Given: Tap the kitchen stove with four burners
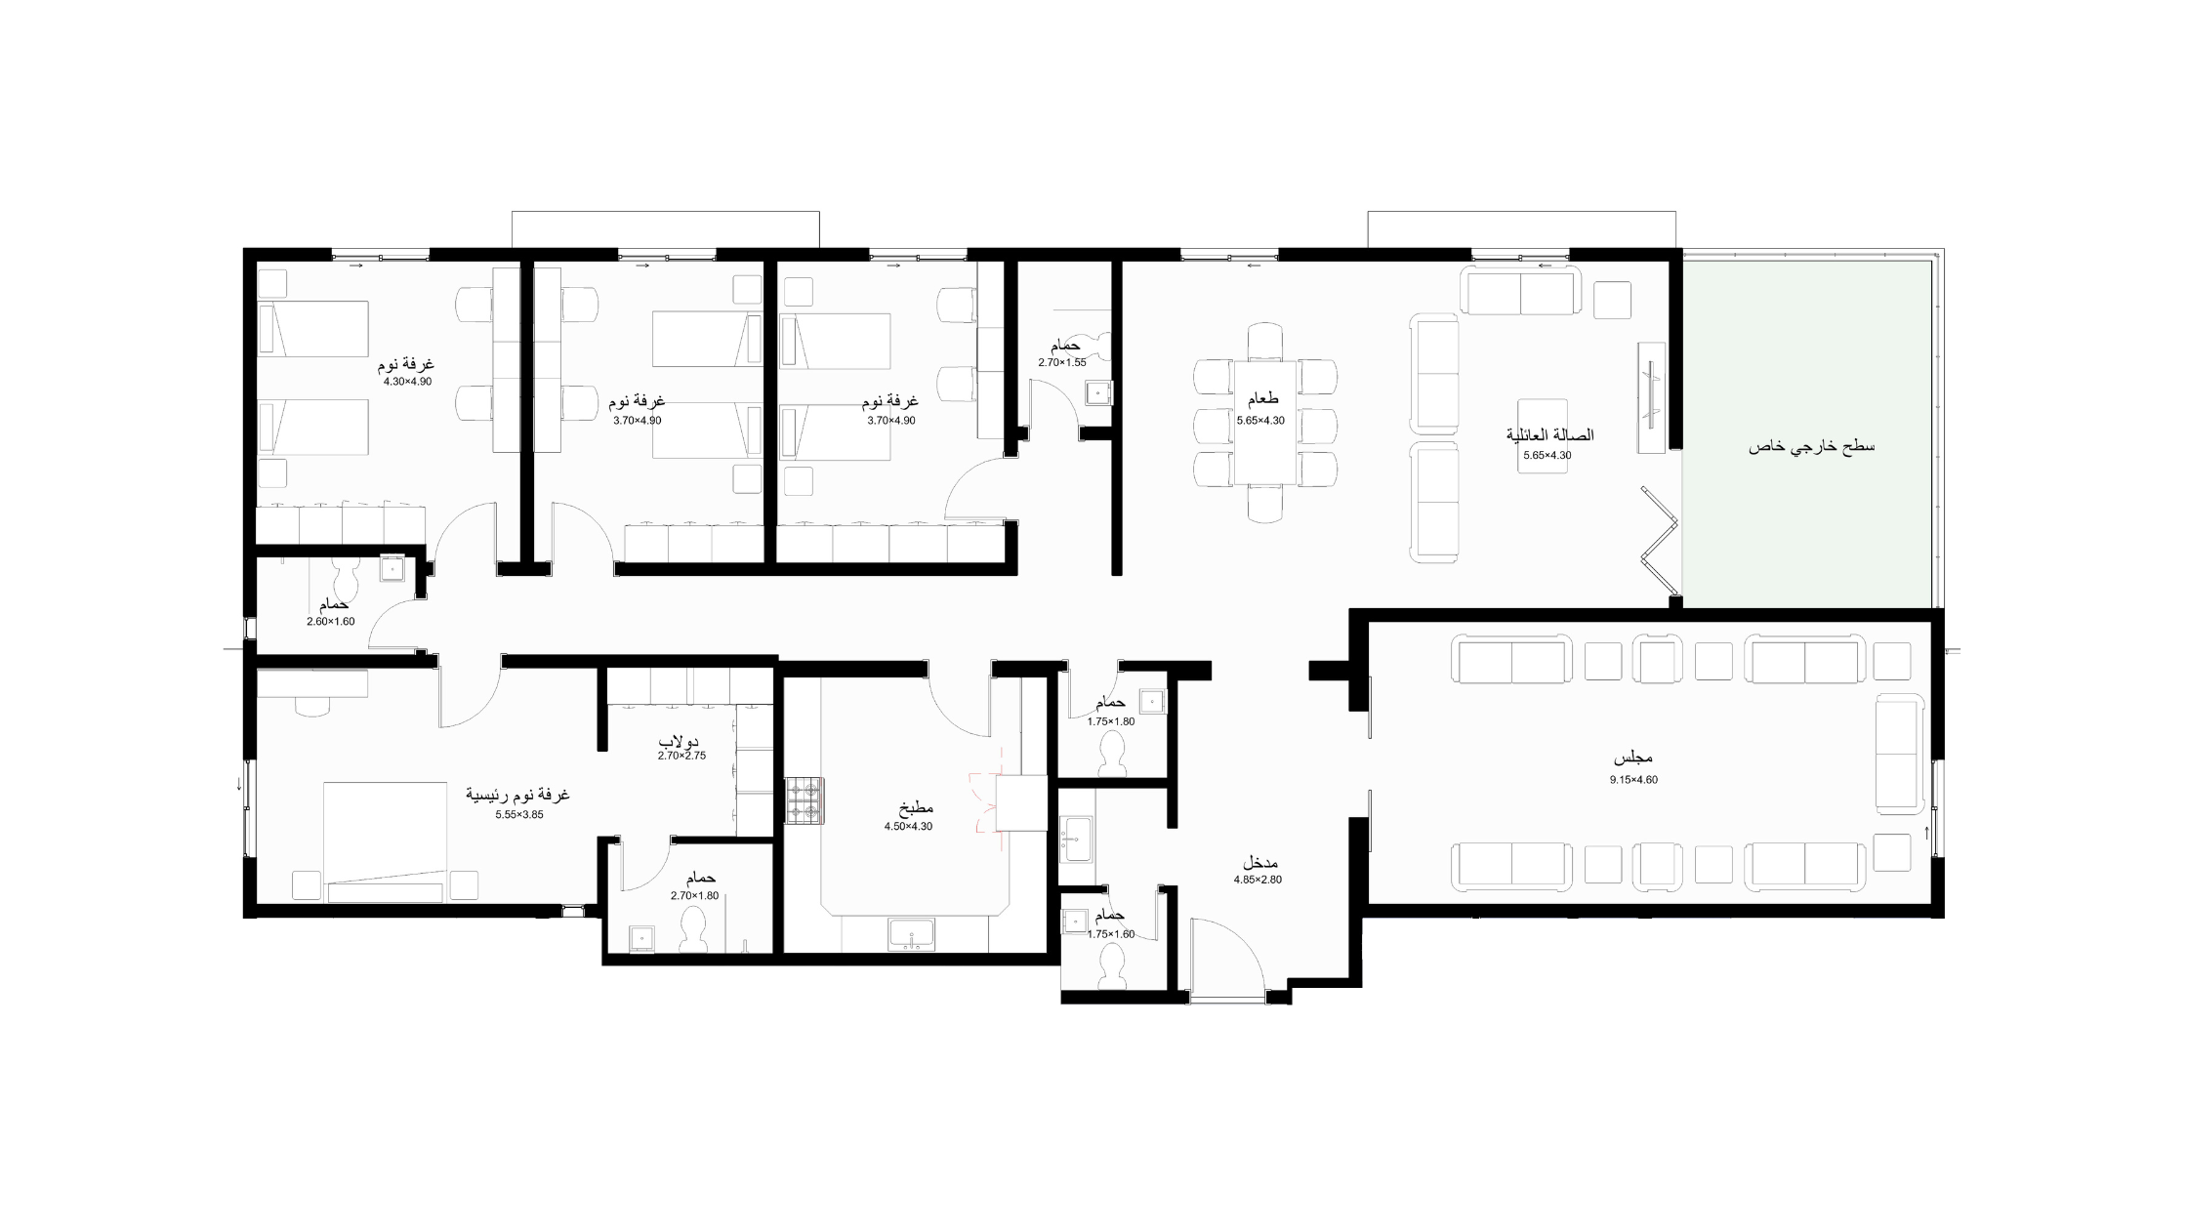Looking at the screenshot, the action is (805, 800).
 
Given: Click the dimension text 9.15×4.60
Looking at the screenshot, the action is (1633, 780).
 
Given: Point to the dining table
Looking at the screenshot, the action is (1265, 422).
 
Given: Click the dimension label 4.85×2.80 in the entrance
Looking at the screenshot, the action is (1258, 880).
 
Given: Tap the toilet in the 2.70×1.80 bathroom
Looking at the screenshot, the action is (694, 929).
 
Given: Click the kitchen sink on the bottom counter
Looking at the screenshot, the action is (912, 935).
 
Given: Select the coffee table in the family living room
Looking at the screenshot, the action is (1543, 436).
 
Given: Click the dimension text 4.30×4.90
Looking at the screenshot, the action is (407, 382).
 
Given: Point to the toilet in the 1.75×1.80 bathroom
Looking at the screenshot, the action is (1113, 754).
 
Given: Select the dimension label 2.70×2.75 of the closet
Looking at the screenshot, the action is (681, 756).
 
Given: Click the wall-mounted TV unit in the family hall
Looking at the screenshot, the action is (1651, 396).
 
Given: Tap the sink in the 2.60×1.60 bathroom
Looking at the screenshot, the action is (391, 568).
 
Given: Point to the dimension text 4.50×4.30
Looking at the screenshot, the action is (908, 827).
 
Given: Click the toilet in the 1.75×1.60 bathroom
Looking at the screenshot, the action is (1113, 967).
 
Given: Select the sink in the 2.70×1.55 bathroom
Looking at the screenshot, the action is (1098, 392).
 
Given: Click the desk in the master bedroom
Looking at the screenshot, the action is (312, 683).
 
